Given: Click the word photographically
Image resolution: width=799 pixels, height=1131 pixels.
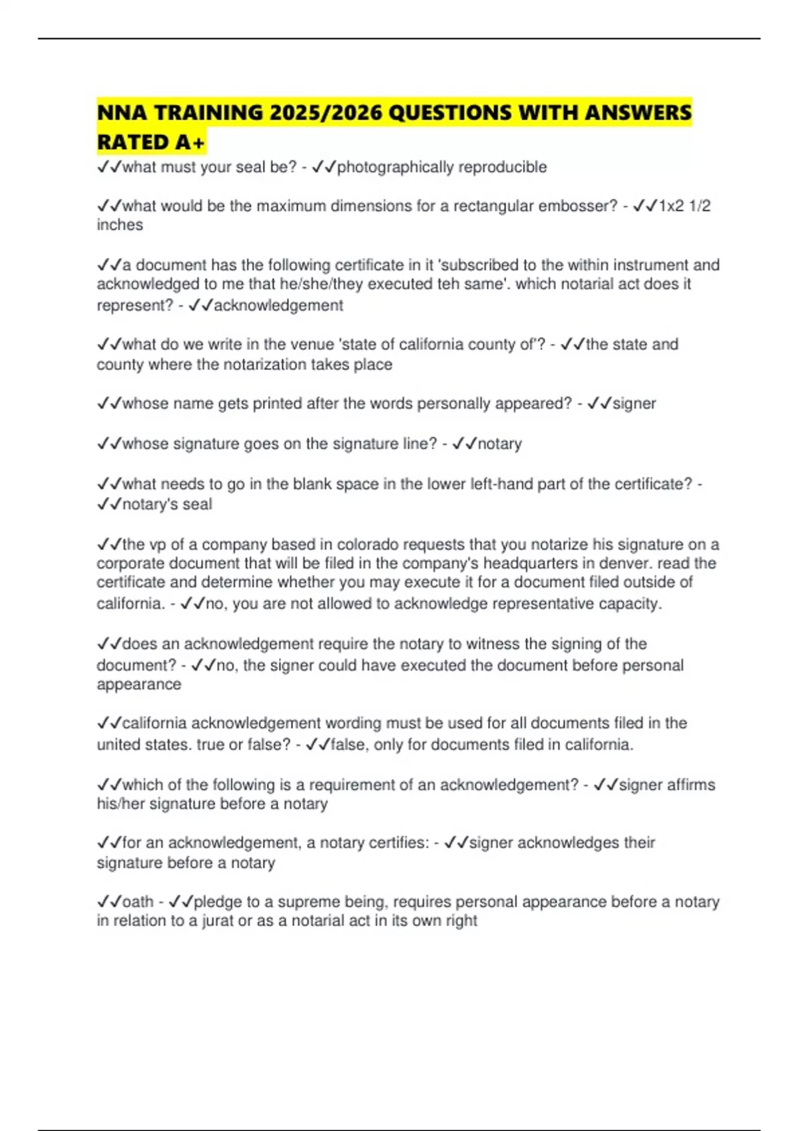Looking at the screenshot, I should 390,167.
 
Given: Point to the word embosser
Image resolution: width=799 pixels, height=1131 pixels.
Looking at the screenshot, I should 578,206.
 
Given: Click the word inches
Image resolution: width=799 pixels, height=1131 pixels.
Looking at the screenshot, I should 120,225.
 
